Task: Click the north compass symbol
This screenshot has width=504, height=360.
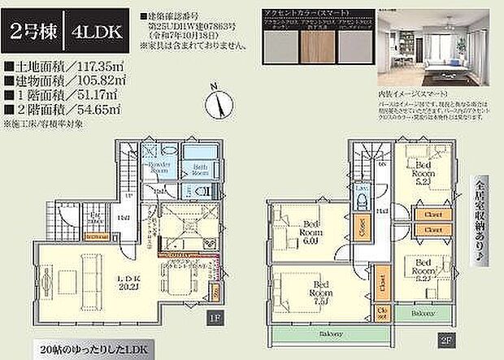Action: point(215,101)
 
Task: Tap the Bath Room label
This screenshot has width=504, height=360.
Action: point(201,170)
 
